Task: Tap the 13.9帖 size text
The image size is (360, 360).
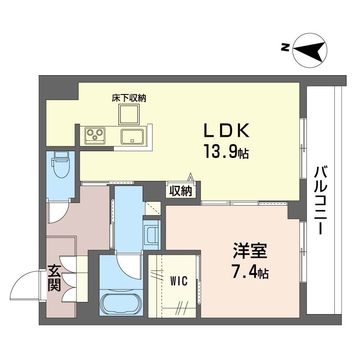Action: click(226, 152)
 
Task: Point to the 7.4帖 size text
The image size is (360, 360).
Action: click(250, 272)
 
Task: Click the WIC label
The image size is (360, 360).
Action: click(179, 281)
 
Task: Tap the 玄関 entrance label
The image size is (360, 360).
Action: click(54, 279)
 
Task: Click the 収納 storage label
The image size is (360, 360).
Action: click(181, 190)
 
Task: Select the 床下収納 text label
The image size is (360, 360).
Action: click(129, 98)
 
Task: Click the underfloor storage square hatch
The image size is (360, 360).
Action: click(129, 114)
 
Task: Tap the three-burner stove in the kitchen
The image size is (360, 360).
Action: click(95, 135)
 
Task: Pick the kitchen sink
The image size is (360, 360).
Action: click(132, 136)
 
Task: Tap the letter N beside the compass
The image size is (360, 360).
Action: click(285, 48)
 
